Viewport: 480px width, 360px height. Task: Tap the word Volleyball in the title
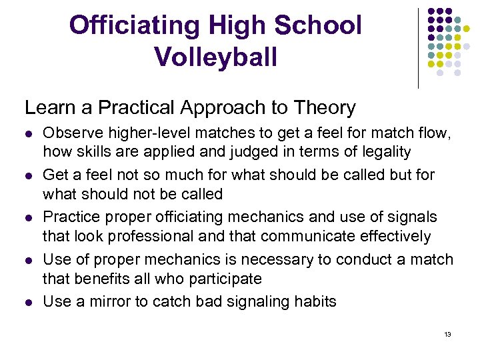(x=215, y=57)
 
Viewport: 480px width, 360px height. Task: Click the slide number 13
(x=447, y=334)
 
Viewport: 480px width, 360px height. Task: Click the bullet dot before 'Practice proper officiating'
(x=28, y=218)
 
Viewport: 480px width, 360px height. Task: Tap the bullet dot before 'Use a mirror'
(x=28, y=302)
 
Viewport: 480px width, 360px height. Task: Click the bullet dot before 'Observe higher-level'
(x=28, y=134)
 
